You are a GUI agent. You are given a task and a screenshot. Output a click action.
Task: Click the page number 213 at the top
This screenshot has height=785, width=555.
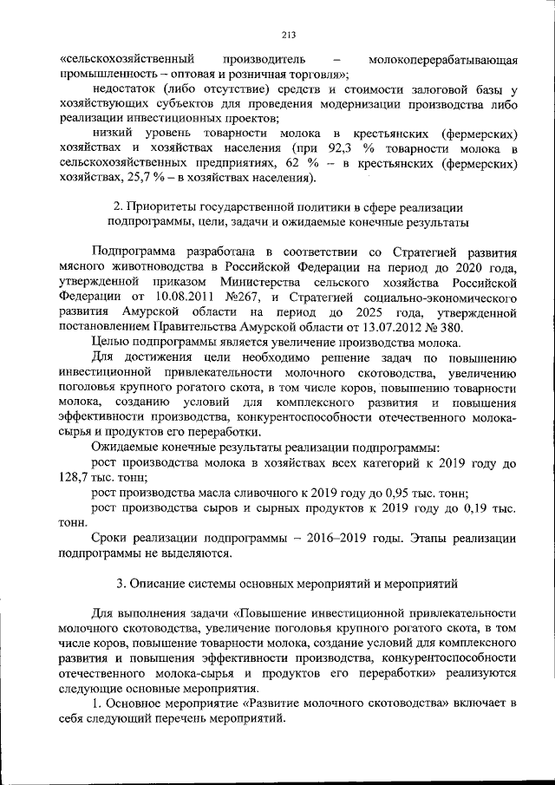coord(289,35)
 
